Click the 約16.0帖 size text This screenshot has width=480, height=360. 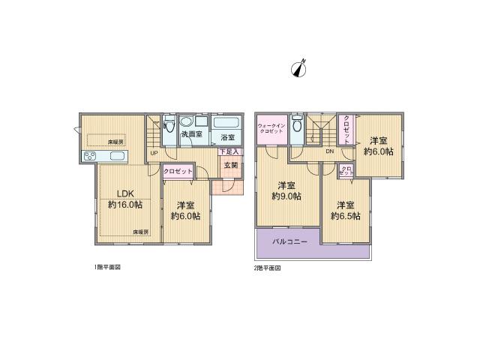click(124, 205)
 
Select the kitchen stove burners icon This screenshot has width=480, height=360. click(89, 156)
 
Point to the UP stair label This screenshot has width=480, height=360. click(153, 154)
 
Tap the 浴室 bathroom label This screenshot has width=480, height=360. click(227, 137)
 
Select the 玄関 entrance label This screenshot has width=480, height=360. click(230, 165)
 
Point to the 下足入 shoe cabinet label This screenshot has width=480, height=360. click(229, 151)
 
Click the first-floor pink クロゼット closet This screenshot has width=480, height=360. click(178, 172)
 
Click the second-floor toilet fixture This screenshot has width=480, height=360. click(298, 125)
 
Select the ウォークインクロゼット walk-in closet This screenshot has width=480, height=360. click(270, 129)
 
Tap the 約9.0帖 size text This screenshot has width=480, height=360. click(287, 196)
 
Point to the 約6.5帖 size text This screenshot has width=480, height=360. click(346, 216)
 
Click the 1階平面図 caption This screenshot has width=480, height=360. click(107, 267)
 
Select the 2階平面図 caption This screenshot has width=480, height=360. click(266, 267)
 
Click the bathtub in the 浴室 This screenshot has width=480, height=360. click(226, 123)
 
